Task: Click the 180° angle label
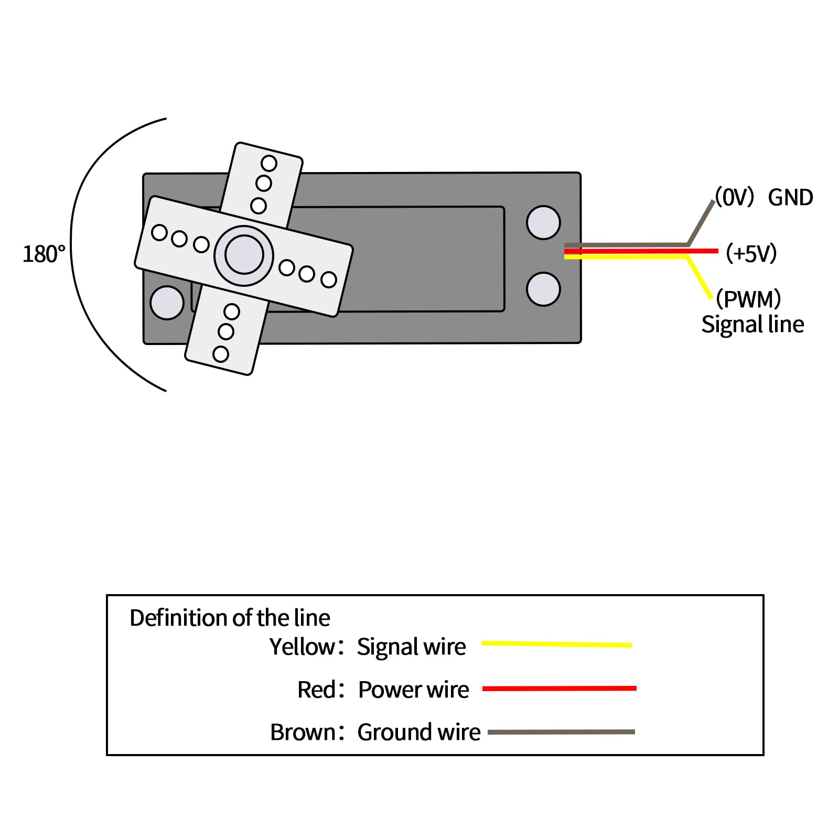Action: point(44,254)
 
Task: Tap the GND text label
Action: point(790,198)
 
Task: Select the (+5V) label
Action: point(751,253)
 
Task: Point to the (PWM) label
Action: point(748,299)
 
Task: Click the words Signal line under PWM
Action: point(752,325)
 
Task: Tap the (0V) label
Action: point(735,197)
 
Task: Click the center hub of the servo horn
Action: point(244,255)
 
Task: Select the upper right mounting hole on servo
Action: point(543,222)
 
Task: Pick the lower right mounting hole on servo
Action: point(543,289)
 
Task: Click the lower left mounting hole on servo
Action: point(167,303)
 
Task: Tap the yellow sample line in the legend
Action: point(557,644)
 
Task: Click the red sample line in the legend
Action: point(559,689)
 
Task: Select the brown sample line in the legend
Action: point(561,732)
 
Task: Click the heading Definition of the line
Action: point(230,618)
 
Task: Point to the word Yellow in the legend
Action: point(302,647)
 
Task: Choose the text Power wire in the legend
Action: point(413,690)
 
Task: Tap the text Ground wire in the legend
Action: point(418,733)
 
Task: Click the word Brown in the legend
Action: point(303,733)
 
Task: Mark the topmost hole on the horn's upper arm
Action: point(269,164)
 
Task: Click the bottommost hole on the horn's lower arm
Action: point(221,354)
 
